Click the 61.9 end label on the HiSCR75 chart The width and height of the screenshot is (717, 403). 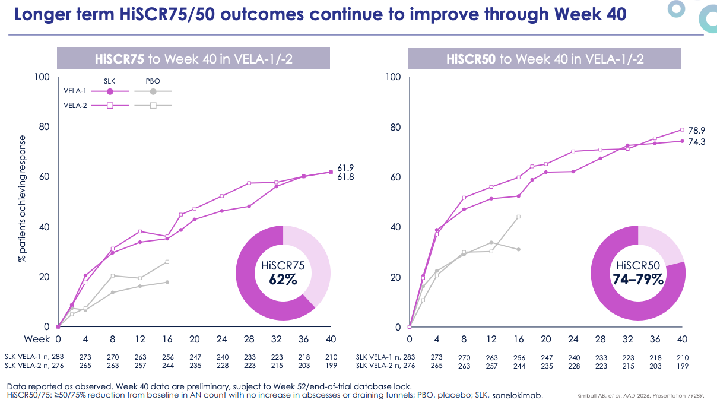tap(345, 169)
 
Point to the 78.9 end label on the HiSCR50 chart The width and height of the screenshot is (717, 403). tap(697, 130)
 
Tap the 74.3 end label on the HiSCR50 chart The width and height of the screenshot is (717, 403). tap(697, 142)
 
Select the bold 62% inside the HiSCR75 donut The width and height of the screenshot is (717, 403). tap(283, 279)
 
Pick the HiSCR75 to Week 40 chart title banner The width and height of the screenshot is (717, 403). tap(193, 59)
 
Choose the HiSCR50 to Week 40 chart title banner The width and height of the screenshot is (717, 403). tap(545, 59)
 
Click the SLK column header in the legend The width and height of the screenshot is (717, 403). tap(110, 81)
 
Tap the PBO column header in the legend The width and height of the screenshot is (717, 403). tap(153, 81)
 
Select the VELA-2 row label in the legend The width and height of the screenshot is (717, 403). tap(74, 105)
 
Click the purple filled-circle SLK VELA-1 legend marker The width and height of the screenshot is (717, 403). tap(110, 91)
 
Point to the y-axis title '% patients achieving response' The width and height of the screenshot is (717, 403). tap(22, 199)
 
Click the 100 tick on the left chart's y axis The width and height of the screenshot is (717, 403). tap(42, 77)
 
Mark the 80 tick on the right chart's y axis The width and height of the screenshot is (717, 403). tap(395, 127)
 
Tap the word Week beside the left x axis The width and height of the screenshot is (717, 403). tap(36, 339)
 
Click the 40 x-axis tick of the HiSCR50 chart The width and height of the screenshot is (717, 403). tap(683, 339)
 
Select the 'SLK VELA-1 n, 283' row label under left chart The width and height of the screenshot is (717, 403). tap(33, 357)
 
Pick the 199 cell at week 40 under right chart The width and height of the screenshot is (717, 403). tap(682, 366)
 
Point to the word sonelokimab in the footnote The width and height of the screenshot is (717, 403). tap(517, 395)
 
